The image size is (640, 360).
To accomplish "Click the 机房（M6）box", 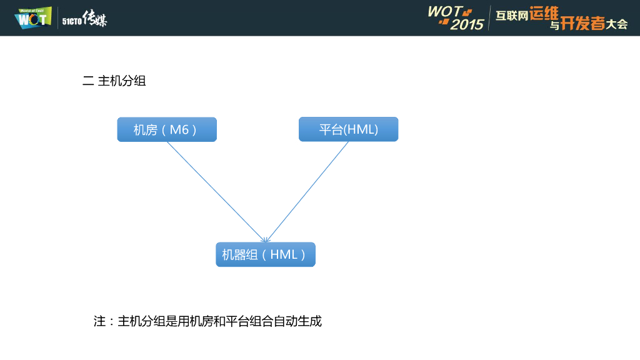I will pos(167,129).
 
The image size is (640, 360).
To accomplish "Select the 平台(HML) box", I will pos(348,129).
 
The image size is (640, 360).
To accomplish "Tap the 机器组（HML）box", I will pos(266,254).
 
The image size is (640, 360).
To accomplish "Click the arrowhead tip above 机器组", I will pos(266,241).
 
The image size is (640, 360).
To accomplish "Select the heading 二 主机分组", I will pos(114,81).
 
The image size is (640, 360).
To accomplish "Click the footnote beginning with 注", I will pos(207,321).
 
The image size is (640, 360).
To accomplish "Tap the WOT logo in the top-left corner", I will pos(32,18).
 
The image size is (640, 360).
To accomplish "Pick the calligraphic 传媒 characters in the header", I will pos(94,19).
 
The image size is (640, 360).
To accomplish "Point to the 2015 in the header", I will pos(467,24).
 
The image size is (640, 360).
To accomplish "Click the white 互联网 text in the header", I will pos(512,17).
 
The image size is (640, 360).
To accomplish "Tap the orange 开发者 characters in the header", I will pos(582,24).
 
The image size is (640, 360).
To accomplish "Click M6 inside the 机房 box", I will pos(179,129).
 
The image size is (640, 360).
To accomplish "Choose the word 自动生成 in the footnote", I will pos(297,321).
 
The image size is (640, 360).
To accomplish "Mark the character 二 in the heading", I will pos(87,81).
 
